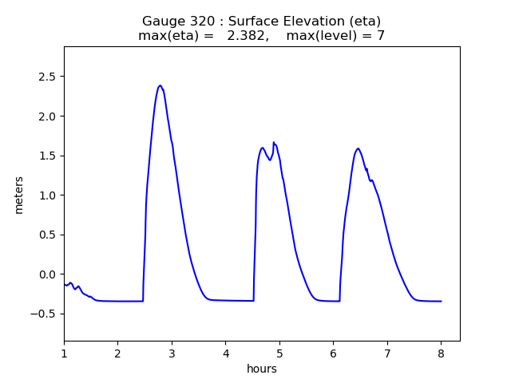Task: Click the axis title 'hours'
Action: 261,368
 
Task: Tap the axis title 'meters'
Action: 18,194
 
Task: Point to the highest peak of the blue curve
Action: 160,85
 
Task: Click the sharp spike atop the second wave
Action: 274,143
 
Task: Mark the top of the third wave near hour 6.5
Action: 358,148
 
